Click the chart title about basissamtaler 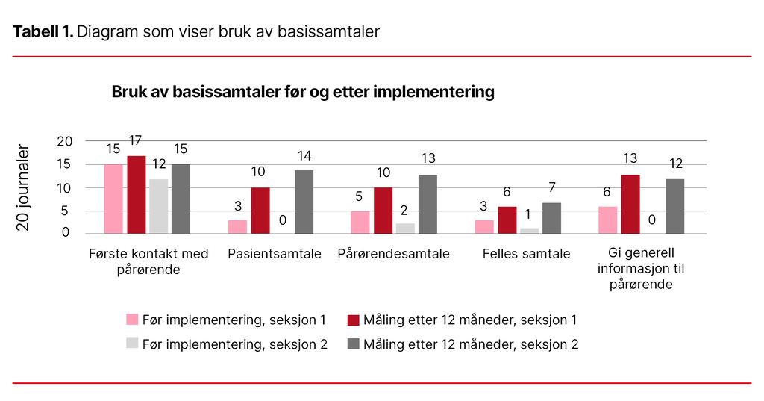click(303, 92)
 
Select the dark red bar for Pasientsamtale click(260, 211)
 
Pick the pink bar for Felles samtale click(484, 226)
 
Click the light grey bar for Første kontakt click(158, 206)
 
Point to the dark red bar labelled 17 click(136, 195)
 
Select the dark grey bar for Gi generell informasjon click(674, 206)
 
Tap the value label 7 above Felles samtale click(551, 187)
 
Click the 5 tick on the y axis click(69, 211)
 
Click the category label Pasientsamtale click(274, 254)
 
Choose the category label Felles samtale click(526, 254)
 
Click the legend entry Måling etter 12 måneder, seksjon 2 click(471, 344)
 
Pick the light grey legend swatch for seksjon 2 click(132, 344)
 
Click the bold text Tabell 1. click(43, 31)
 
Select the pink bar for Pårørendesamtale click(360, 222)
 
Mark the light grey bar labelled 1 click(529, 231)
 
